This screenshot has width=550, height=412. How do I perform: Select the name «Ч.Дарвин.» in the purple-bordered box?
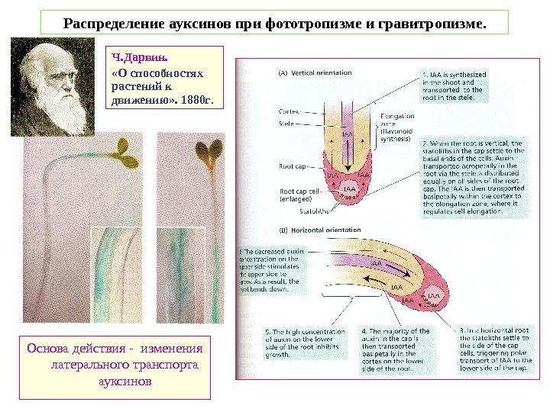click(132, 56)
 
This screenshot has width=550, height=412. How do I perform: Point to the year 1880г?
click(197, 99)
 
